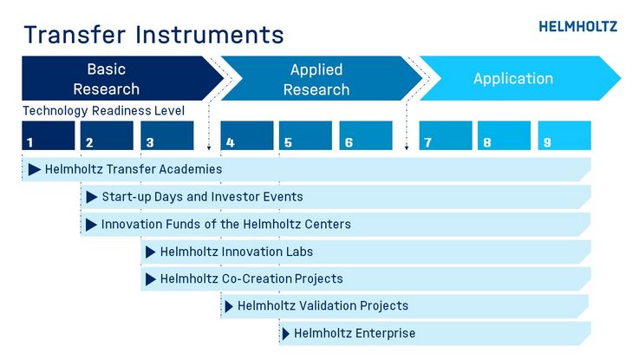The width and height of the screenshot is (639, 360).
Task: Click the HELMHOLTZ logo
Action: (577, 27)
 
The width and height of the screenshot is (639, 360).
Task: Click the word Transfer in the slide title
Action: (75, 34)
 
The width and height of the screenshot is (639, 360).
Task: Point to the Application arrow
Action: (520, 78)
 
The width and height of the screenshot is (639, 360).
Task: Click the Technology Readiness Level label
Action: (103, 110)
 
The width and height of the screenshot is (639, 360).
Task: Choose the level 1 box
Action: (49, 135)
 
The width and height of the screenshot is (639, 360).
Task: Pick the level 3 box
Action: (167, 135)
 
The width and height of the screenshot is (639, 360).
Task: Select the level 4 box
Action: (247, 135)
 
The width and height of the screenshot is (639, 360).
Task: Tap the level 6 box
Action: (366, 135)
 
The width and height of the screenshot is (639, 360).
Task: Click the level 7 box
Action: (446, 135)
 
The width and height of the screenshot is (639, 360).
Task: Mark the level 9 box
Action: (564, 135)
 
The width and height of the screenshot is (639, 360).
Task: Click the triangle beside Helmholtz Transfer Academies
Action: (34, 169)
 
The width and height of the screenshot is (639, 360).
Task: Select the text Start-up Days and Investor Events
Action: (203, 197)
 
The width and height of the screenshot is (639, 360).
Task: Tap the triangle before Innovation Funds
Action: (91, 224)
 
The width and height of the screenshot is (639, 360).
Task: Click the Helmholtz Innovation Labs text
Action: (237, 252)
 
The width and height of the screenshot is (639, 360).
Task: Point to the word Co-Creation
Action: (257, 278)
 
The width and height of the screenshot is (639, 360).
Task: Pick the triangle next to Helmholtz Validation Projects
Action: (229, 306)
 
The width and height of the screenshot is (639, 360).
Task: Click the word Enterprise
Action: (385, 333)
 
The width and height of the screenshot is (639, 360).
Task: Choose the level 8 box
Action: (504, 135)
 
